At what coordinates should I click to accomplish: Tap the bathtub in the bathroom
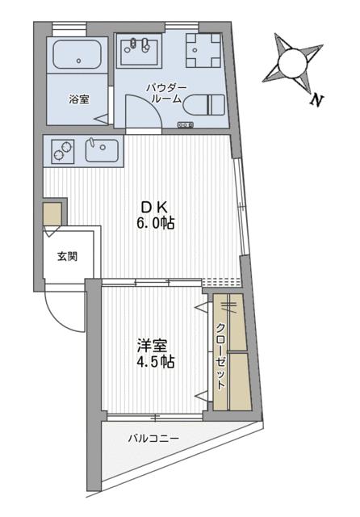(x=77, y=57)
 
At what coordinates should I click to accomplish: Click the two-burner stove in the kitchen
(x=61, y=150)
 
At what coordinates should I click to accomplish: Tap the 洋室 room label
(x=152, y=345)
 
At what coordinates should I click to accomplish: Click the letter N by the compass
(x=317, y=101)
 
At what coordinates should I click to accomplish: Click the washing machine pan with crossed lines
(x=202, y=53)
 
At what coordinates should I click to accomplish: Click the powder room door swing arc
(x=145, y=110)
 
